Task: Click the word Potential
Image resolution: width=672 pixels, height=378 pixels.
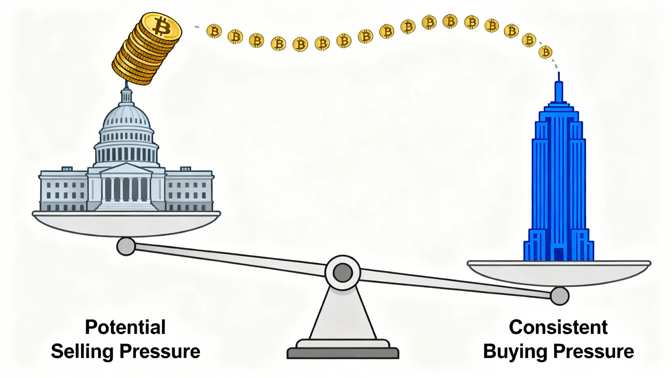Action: (x=125, y=327)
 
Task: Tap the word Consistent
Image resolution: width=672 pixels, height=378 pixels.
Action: (x=558, y=327)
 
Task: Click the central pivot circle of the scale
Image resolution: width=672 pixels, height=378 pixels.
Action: (x=342, y=273)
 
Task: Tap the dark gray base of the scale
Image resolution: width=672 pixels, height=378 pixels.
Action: (x=342, y=353)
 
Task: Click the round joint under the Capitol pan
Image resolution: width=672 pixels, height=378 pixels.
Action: (x=126, y=246)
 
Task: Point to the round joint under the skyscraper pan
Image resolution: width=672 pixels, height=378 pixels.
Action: (x=559, y=296)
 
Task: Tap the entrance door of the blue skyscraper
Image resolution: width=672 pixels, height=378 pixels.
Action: (x=559, y=254)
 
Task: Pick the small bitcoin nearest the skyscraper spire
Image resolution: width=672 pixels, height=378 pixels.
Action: (x=545, y=52)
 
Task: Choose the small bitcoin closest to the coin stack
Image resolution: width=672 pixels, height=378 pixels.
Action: (x=214, y=31)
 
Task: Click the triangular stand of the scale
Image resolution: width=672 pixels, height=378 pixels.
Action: (x=342, y=315)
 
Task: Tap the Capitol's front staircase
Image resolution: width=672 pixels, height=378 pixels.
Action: (x=126, y=206)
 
